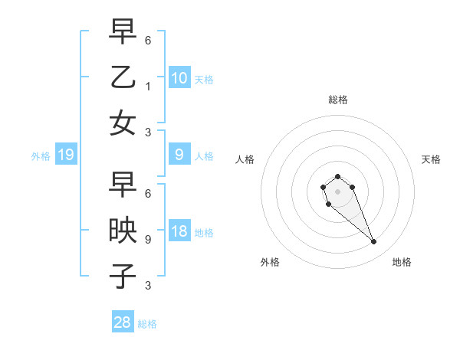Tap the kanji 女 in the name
(123, 122)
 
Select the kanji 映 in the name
(123, 231)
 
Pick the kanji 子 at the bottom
(123, 275)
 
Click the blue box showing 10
(179, 77)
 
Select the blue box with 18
(179, 231)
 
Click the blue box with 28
(123, 322)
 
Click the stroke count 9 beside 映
(148, 239)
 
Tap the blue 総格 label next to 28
(147, 324)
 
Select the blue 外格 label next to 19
(41, 156)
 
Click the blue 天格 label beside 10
(204, 79)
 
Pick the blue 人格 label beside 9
(204, 156)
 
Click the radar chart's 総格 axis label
(338, 100)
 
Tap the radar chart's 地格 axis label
(402, 262)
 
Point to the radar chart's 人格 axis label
(245, 159)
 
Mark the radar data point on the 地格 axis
(374, 242)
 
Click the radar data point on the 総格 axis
(337, 177)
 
